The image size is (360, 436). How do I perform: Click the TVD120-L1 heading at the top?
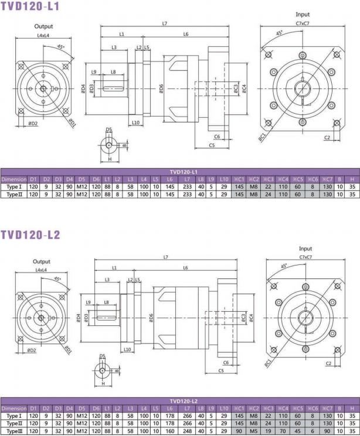pyautogui.click(x=30, y=6)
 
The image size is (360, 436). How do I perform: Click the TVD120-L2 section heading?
pyautogui.click(x=30, y=235)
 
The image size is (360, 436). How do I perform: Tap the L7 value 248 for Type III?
pyautogui.click(x=187, y=431)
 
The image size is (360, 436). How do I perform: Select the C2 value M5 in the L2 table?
pyautogui.click(x=254, y=431)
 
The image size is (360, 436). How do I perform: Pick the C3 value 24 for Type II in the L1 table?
pyautogui.click(x=268, y=195)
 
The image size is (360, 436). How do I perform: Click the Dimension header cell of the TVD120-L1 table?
pyautogui.click(x=14, y=179)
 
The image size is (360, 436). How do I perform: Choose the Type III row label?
pyautogui.click(x=14, y=431)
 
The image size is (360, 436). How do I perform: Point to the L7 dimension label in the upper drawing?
pyautogui.click(x=165, y=23)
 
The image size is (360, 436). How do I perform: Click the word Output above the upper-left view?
pyautogui.click(x=43, y=26)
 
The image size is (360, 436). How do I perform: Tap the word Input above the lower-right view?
pyautogui.click(x=305, y=248)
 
